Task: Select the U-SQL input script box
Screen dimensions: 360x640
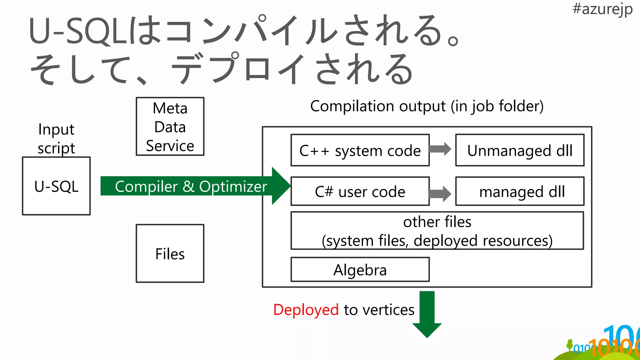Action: (56, 186)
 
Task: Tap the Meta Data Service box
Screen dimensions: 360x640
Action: (170, 127)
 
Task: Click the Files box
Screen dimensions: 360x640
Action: (170, 253)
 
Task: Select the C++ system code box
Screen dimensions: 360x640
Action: (360, 150)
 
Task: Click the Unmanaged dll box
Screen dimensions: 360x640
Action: (520, 150)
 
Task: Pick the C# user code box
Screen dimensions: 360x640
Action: (360, 191)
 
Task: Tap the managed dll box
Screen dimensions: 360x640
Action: (520, 191)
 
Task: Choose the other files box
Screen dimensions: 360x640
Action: (437, 231)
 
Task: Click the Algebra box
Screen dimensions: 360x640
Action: (360, 270)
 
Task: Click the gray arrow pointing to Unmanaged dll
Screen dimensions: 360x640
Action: (440, 149)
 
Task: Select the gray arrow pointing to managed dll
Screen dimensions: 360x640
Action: (440, 194)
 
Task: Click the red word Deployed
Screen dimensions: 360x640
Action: (306, 310)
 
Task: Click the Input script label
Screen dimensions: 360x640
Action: (56, 138)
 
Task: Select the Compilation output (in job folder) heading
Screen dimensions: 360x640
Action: (427, 106)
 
